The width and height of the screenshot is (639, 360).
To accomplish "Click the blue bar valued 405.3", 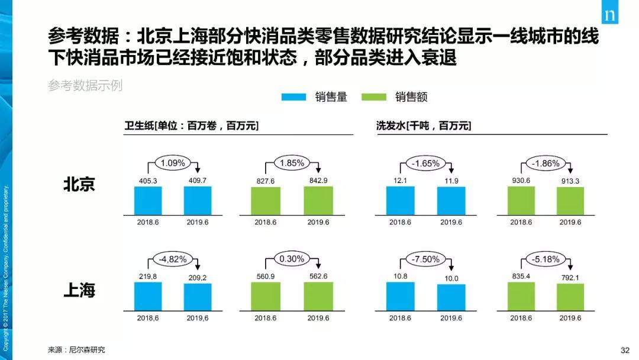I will point(148,200).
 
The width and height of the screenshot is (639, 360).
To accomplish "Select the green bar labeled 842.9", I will point(319,200).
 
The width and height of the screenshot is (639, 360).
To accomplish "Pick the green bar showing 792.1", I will point(570,297).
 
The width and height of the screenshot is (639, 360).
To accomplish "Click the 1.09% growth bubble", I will point(173,162).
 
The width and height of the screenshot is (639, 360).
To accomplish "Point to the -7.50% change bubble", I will point(424,259).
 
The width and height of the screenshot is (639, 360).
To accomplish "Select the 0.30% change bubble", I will point(292,259).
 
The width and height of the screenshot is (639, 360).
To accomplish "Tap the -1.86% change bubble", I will point(543,162).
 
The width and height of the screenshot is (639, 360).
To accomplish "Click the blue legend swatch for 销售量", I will point(293,97).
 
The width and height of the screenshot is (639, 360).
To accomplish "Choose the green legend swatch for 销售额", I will point(373,97).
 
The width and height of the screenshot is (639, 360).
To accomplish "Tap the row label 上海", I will point(79,291).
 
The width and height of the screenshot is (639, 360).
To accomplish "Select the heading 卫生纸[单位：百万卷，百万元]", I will point(191,126).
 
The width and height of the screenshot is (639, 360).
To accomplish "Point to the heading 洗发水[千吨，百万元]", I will point(424,126).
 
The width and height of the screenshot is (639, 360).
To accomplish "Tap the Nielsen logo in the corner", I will point(609,15).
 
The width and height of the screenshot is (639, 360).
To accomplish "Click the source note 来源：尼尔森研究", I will point(80,349).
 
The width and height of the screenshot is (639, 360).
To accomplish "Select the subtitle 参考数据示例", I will point(85,85).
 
